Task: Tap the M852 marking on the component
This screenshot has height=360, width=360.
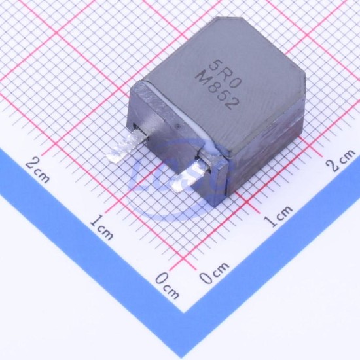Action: click(x=217, y=90)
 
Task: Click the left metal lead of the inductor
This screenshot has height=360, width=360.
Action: click(x=126, y=147)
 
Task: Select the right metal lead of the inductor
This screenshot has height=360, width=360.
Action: click(x=190, y=175)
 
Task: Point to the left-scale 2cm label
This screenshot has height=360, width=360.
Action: click(x=38, y=170)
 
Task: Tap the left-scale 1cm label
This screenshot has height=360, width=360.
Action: click(x=101, y=226)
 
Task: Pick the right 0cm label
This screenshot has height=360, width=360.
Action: click(x=214, y=272)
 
